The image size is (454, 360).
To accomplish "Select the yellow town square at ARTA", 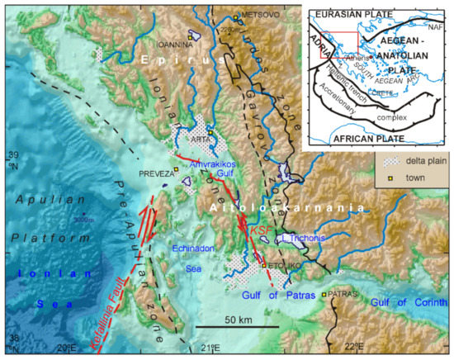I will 211,133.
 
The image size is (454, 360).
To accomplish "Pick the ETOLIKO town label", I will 283,266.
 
